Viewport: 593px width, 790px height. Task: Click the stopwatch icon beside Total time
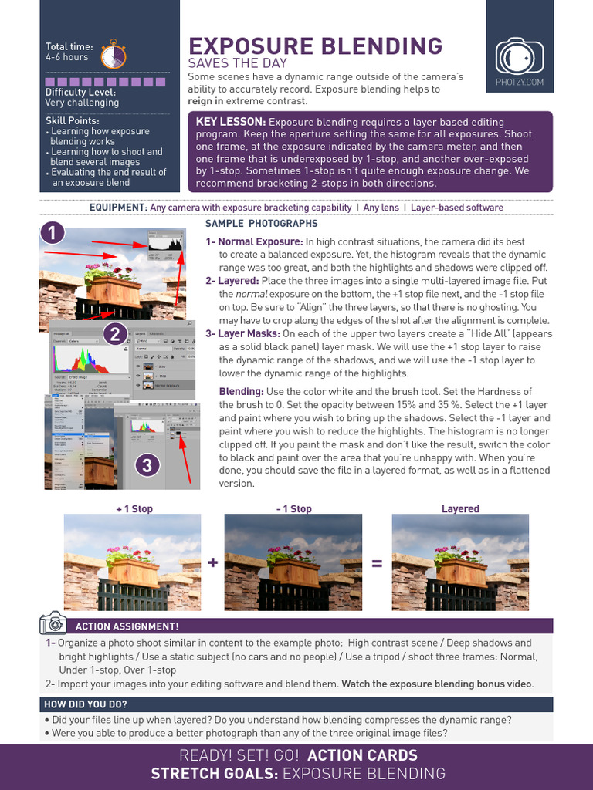pyautogui.click(x=114, y=53)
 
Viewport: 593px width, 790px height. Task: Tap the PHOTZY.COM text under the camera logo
pyautogui.click(x=519, y=82)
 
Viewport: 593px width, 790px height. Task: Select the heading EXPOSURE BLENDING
pyautogui.click(x=316, y=46)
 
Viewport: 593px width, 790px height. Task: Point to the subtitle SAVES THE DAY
pyautogui.click(x=238, y=63)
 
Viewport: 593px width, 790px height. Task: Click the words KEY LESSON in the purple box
pyautogui.click(x=231, y=122)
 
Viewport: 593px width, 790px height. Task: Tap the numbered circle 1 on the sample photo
pyautogui.click(x=53, y=234)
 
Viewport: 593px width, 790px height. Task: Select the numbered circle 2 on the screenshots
pyautogui.click(x=114, y=333)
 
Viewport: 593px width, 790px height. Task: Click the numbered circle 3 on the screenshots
pyautogui.click(x=147, y=465)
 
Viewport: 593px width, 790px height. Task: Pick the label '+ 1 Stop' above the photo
pyautogui.click(x=134, y=509)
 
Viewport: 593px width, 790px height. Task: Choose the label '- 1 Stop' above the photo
pyautogui.click(x=293, y=509)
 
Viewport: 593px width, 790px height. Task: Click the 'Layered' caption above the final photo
pyautogui.click(x=460, y=509)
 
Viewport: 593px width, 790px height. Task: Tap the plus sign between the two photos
pyautogui.click(x=212, y=563)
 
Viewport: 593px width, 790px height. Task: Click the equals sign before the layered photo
pyautogui.click(x=377, y=564)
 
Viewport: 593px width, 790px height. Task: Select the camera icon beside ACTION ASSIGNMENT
pyautogui.click(x=53, y=623)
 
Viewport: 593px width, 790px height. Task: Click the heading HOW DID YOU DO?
pyautogui.click(x=86, y=704)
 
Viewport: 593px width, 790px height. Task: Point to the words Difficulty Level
pyautogui.click(x=80, y=93)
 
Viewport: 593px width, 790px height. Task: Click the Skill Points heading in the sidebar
pyautogui.click(x=72, y=121)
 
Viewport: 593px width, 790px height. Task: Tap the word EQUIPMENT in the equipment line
pyautogui.click(x=118, y=208)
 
